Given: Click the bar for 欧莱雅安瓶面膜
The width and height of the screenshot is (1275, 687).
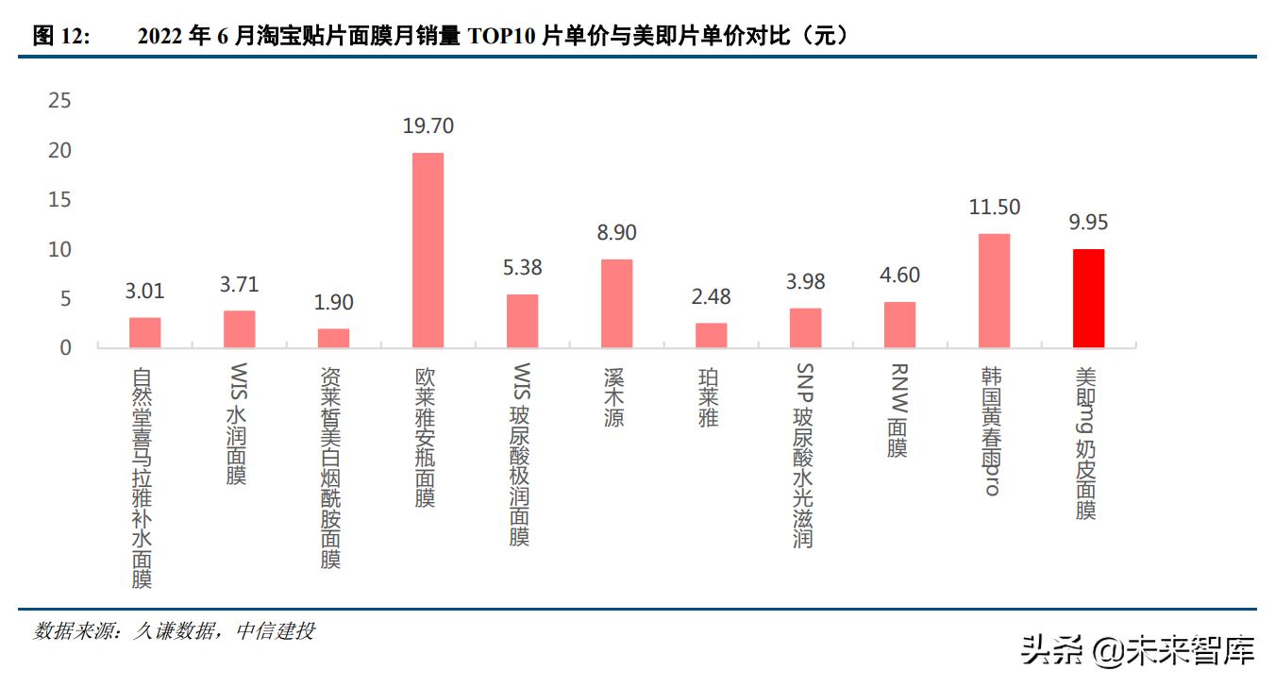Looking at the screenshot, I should click(428, 250).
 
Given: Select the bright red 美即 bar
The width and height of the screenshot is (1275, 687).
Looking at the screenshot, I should click(1088, 298).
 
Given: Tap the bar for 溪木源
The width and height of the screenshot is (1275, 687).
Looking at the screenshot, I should click(616, 303).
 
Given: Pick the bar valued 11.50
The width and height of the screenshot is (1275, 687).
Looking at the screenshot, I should click(994, 291).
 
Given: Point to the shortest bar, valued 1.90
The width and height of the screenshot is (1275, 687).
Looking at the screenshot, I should click(333, 338).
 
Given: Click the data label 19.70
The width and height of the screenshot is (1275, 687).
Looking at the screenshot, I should click(428, 126).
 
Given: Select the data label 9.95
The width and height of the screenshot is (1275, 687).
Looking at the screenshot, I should click(1088, 223).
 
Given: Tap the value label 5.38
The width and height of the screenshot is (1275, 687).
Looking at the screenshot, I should click(522, 268).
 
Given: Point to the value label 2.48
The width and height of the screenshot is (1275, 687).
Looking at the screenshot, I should click(711, 297).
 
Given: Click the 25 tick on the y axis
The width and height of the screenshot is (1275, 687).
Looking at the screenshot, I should click(59, 101).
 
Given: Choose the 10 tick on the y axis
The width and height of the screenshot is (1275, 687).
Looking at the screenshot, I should click(59, 249).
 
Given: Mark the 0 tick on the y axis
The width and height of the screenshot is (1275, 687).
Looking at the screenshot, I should click(65, 348).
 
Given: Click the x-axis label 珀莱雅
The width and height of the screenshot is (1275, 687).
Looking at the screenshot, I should click(709, 397).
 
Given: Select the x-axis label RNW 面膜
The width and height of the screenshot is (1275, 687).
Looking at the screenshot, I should click(898, 411).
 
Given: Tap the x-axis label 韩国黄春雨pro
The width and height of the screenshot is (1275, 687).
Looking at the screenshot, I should click(992, 430).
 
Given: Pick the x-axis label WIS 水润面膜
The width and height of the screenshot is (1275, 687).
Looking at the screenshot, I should click(237, 424).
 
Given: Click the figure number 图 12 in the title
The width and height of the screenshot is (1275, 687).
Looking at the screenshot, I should click(61, 37).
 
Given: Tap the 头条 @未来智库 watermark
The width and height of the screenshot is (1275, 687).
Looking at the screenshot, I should click(1138, 651).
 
